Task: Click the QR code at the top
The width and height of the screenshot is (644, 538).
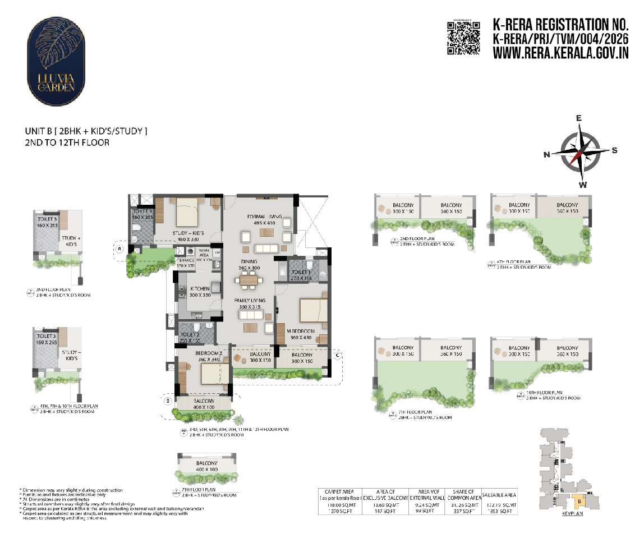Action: [463, 38]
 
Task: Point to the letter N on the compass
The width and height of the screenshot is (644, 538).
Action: [547, 155]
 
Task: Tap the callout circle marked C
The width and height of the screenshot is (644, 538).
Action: [337, 355]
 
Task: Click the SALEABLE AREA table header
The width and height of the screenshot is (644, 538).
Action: [499, 494]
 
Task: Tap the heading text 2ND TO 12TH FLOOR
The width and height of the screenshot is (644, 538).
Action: [67, 142]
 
